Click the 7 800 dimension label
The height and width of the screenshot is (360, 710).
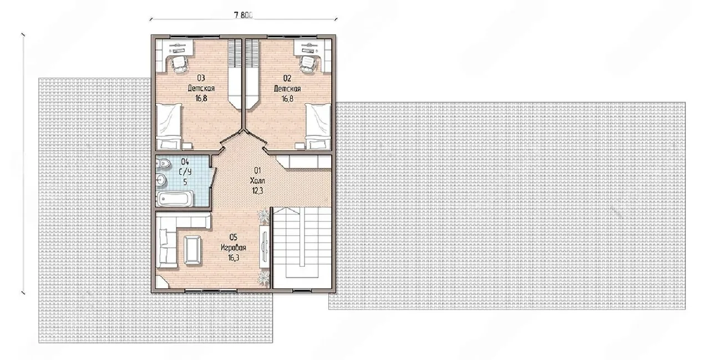pos(243,15)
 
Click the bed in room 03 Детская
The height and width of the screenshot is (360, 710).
pos(169,126)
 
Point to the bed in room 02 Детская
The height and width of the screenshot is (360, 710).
pos(318,126)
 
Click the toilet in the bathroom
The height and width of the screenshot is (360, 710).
pos(164,164)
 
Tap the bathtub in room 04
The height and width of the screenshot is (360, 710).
pos(175,199)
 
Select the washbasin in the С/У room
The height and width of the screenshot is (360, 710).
pos(161,180)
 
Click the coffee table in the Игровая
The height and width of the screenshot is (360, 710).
pos(192,250)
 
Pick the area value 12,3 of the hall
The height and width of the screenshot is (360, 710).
pos(257,191)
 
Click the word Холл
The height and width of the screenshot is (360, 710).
pos(257,181)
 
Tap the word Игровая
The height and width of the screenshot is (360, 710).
pos(234,248)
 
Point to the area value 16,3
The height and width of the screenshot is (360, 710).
pos(234,258)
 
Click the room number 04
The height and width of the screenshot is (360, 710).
pos(185,162)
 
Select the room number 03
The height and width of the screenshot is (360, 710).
pos(201,78)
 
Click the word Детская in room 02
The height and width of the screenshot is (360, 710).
pos(287,88)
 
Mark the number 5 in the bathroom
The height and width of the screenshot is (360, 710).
pos(185,182)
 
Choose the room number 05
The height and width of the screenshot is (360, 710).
pos(234,237)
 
